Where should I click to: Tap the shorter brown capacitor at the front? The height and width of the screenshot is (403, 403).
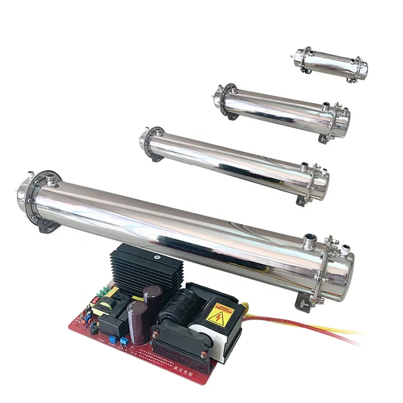tap(136, 322)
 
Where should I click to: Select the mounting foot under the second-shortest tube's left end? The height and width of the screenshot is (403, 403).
tap(233, 116)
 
